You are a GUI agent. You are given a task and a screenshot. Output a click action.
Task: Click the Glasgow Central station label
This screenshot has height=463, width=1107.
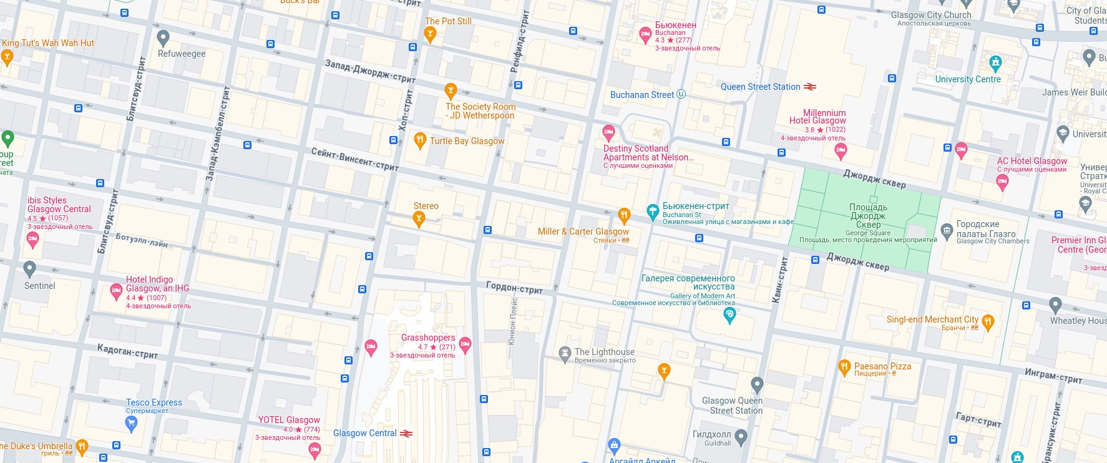pyautogui.click(x=365, y=433)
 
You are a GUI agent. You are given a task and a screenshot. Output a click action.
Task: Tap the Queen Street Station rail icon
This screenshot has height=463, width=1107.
pyautogui.click(x=810, y=87)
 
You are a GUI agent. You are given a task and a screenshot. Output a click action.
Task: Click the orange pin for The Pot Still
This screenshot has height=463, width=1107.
pyautogui.click(x=430, y=36)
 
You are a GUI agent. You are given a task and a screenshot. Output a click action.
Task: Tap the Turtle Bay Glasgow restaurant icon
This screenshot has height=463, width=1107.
pyautogui.click(x=420, y=140)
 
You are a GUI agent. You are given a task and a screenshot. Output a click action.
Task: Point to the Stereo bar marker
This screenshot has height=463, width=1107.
pyautogui.click(x=419, y=219)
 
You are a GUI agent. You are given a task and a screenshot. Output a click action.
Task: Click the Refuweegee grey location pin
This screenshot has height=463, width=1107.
pyautogui.click(x=163, y=39)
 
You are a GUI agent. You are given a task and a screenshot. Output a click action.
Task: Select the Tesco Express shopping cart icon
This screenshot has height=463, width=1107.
pyautogui.click(x=131, y=424)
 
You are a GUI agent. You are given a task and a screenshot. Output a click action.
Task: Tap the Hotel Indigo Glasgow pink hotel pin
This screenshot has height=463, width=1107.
pyautogui.click(x=116, y=291)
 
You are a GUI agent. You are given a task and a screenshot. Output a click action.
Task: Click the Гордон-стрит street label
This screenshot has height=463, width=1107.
pyautogui.click(x=514, y=288)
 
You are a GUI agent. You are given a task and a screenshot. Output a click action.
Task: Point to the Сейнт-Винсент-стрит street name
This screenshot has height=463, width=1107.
pyautogui.click(x=354, y=159)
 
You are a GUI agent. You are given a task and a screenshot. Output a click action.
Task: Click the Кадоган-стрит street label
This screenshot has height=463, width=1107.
pyautogui.click(x=127, y=351)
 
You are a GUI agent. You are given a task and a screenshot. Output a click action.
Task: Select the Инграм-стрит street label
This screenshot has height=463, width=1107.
pyautogui.click(x=1053, y=375)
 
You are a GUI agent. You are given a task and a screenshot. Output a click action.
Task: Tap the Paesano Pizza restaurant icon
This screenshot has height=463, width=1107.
pyautogui.click(x=844, y=368)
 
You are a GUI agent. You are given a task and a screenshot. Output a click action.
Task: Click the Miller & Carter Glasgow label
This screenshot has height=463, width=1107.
pyautogui.click(x=583, y=232)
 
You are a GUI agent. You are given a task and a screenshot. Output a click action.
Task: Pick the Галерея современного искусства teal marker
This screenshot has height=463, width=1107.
pyautogui.click(x=729, y=316)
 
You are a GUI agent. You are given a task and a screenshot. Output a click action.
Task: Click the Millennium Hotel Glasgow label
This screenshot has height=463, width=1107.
pyautogui.click(x=817, y=117)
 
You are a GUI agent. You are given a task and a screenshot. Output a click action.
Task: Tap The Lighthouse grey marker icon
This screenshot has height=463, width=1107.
pyautogui.click(x=565, y=354)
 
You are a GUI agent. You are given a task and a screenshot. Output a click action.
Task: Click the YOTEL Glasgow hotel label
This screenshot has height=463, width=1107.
pyautogui.click(x=289, y=420)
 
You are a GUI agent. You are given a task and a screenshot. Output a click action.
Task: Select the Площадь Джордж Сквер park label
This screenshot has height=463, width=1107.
pyautogui.click(x=868, y=216)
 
